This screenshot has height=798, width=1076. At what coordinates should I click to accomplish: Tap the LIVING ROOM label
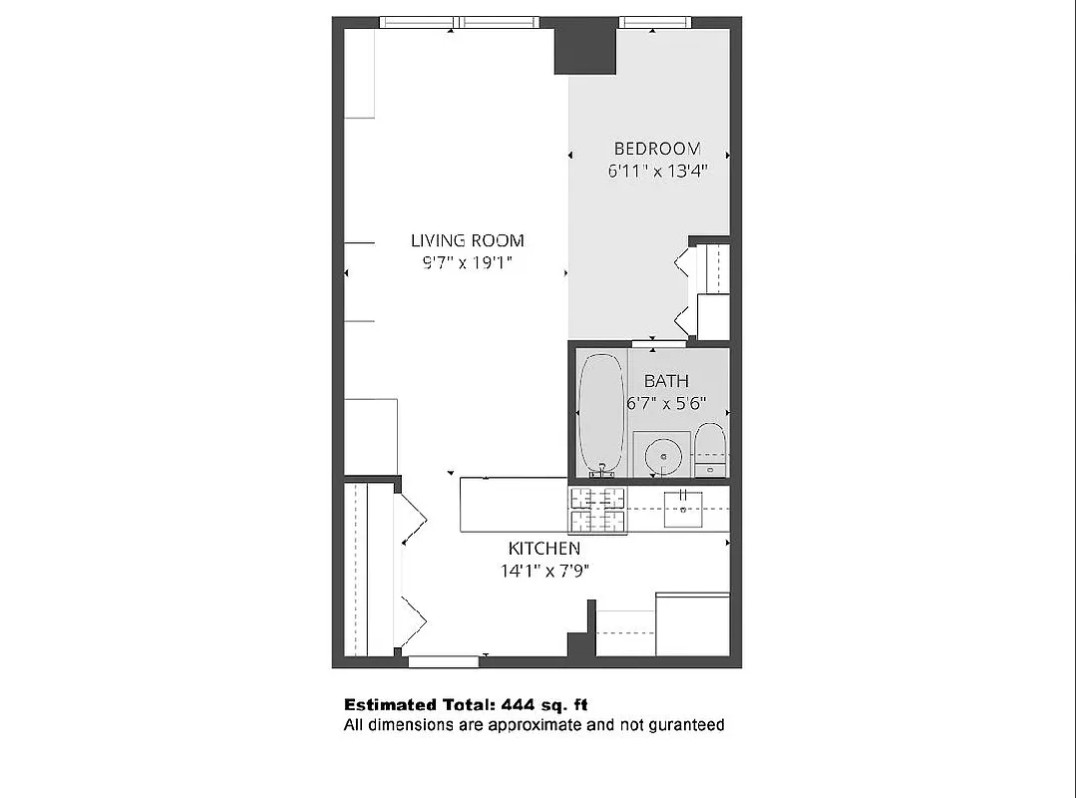point(467,240)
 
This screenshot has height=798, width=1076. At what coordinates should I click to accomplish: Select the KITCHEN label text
point(543,549)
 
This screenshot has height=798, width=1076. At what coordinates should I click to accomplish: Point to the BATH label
point(666,381)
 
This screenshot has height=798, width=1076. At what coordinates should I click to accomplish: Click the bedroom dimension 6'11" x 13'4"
point(658,171)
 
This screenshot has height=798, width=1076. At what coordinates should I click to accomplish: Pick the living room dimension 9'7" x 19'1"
point(467,263)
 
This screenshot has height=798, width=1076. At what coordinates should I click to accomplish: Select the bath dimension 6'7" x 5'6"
point(666,404)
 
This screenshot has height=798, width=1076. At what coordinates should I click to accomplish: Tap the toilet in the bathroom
point(710,449)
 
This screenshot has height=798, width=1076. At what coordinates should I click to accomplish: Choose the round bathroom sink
point(661,458)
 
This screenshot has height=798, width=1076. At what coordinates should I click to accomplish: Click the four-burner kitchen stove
point(597,509)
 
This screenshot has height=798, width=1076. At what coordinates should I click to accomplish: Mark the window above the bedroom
point(654,22)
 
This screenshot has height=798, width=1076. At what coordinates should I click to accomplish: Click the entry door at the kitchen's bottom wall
point(444,660)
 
